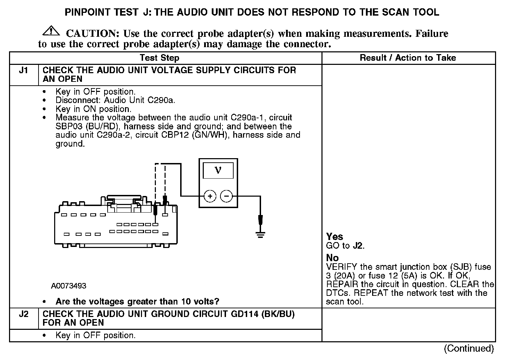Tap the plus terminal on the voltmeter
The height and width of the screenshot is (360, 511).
[x=210, y=196]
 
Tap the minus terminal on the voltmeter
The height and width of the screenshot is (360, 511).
[x=226, y=196]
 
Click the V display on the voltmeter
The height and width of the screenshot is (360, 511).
[x=218, y=170]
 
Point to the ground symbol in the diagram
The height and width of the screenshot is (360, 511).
[x=260, y=234]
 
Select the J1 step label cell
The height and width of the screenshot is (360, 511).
[x=23, y=70]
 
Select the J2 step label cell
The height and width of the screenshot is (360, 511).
[x=23, y=314]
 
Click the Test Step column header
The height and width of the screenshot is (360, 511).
[x=159, y=58]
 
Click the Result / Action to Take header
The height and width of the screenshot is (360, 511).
[x=408, y=58]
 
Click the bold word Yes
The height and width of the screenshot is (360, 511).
[x=335, y=237]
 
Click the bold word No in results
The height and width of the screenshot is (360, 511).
[x=332, y=258]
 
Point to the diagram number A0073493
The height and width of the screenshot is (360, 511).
[x=69, y=286]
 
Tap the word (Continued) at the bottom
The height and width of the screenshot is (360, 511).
[x=469, y=348]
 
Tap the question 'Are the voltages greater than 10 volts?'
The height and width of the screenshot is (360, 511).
[x=137, y=301]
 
